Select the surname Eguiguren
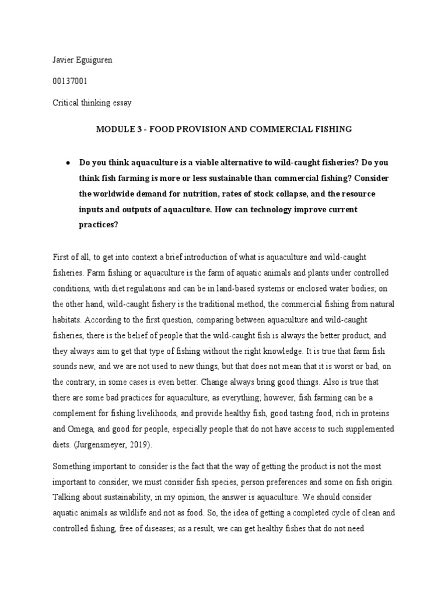(96, 61)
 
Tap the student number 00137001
(70, 82)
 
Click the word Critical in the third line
(66, 103)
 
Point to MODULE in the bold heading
(113, 129)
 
